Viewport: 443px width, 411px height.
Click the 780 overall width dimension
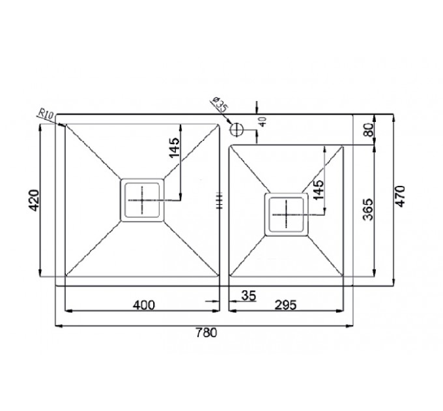coord(207,333)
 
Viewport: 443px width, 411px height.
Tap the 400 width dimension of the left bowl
coord(144,305)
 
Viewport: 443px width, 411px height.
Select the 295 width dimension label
coord(286,305)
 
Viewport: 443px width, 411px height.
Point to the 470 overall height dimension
coord(401,196)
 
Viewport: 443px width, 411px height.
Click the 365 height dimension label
coord(368,209)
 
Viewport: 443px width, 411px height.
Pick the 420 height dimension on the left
coord(34,200)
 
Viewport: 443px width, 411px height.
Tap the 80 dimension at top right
coord(369,130)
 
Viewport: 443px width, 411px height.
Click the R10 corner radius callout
coord(45,115)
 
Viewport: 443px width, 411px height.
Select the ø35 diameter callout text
coord(220,104)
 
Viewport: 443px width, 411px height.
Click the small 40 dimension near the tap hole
coord(263,122)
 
